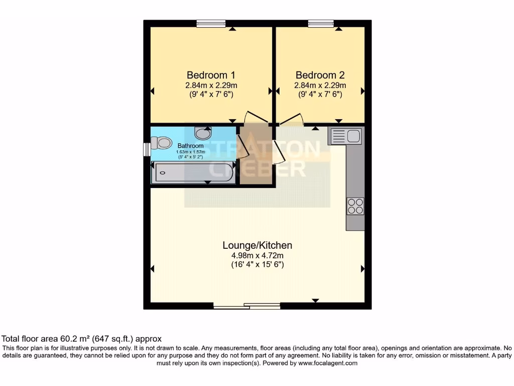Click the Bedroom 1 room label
pos(211,75)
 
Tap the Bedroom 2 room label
pos(320,75)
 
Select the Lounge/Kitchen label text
pos(257,245)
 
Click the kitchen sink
pos(345,136)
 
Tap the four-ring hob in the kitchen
pos(355,207)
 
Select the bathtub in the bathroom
pos(194,173)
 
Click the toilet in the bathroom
pos(163,143)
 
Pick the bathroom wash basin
pos(203,133)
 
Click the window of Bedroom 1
pos(211,23)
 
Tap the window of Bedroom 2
pos(321,23)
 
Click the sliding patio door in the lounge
pos(246,306)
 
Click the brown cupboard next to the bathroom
pos(255,161)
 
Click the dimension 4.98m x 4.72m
pos(257,255)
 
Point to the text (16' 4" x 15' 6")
pos(257,264)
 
